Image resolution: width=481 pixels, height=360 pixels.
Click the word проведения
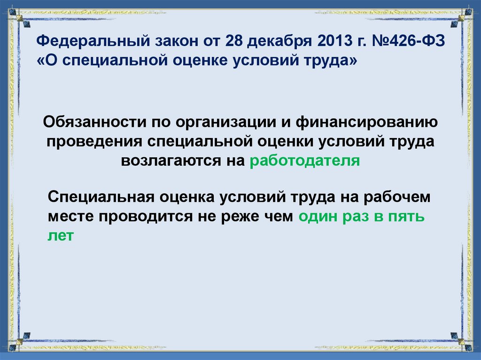[x=93, y=141]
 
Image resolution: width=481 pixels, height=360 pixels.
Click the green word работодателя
[x=305, y=161]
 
